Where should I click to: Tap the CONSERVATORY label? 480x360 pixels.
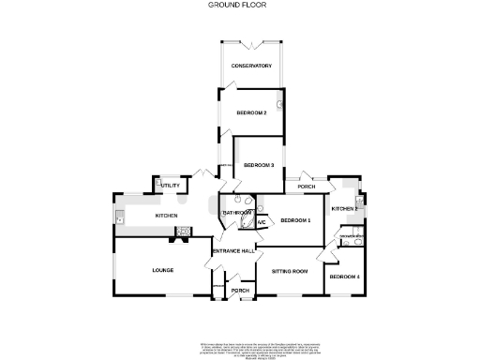pos(251,66)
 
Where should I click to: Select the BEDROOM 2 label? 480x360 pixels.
pos(251,112)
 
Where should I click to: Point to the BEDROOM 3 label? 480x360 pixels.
pos(258,165)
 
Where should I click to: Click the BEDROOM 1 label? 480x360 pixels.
pos(295,219)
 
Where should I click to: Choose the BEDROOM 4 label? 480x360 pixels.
pos(345,277)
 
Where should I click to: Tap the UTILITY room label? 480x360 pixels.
pos(170,186)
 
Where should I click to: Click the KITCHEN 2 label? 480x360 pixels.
pos(344,208)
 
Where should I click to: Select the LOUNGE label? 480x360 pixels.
pos(163,270)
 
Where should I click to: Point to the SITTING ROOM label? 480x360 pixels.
pos(290,271)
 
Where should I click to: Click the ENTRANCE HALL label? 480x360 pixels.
pos(233,251)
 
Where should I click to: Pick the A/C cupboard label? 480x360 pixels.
pos(262,222)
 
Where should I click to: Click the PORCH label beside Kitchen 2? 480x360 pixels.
pos(306,186)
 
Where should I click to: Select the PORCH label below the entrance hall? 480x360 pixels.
pos(240,291)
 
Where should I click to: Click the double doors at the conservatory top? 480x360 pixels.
pos(250,43)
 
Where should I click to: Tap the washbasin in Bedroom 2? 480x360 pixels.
pos(281,105)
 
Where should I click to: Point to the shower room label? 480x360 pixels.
pos(351,236)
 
